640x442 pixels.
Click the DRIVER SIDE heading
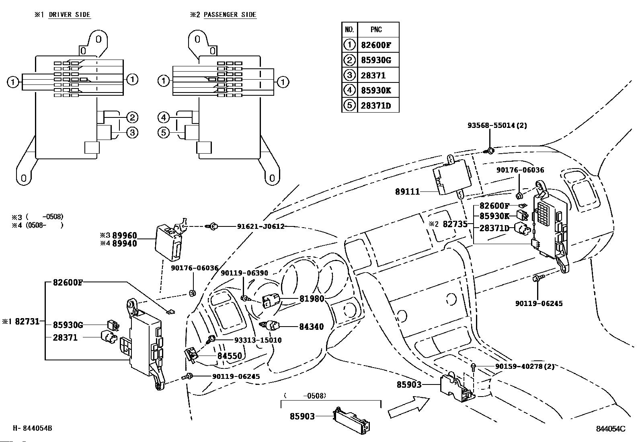click(x=69, y=14)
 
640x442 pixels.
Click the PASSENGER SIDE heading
click(x=230, y=14)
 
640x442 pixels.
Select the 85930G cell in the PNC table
click(x=376, y=60)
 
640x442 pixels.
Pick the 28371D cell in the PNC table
click(x=376, y=105)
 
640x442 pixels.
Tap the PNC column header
click(x=376, y=30)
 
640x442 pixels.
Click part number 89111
click(x=407, y=192)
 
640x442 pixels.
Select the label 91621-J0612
click(x=261, y=226)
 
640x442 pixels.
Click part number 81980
click(x=312, y=299)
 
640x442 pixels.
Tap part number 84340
click(x=312, y=327)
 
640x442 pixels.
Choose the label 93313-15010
click(x=258, y=340)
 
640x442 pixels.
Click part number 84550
click(x=230, y=356)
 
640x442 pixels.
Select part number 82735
click(x=455, y=224)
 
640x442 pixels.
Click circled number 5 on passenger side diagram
click(x=163, y=132)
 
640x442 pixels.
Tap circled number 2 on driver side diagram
click(x=132, y=117)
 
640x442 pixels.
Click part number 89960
click(x=124, y=236)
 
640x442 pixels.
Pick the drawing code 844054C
click(x=610, y=429)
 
